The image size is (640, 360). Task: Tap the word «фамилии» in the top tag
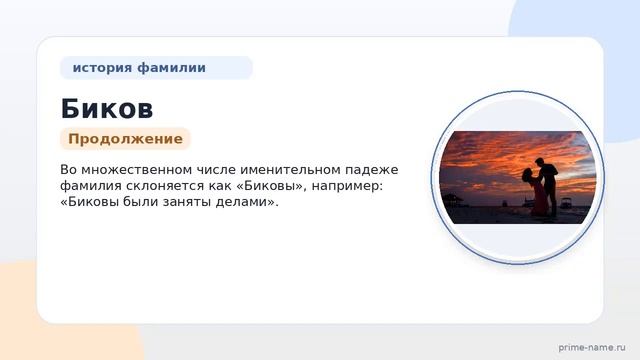click(171, 67)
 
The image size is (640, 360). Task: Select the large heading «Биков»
click(107, 109)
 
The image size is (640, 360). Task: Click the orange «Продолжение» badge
click(125, 139)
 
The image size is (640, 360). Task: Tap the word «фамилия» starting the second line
click(91, 186)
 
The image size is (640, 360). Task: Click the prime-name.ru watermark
click(592, 347)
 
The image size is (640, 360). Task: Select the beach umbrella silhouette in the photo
click(452, 200)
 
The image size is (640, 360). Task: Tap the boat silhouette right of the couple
click(565, 202)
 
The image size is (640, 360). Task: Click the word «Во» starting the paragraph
click(69, 169)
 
